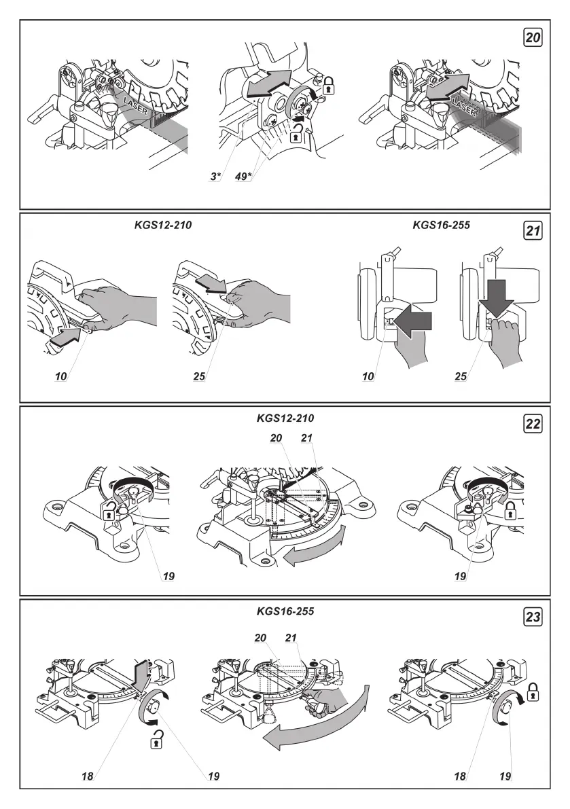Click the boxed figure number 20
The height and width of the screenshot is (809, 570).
[x=533, y=38]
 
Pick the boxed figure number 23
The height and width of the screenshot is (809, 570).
[x=533, y=617]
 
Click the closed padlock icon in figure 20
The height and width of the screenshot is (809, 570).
[x=329, y=84]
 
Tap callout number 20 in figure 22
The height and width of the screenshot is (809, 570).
[x=276, y=439]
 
